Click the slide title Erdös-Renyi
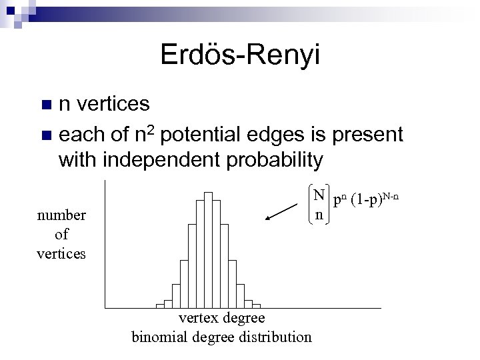coord(240,55)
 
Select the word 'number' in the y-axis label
coord(61,215)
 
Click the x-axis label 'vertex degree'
coord(223,318)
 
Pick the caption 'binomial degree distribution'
coord(222,336)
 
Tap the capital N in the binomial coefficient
coord(319,195)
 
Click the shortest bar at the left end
coord(160,306)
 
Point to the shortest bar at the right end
coord(257,306)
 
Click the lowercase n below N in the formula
coord(319,215)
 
